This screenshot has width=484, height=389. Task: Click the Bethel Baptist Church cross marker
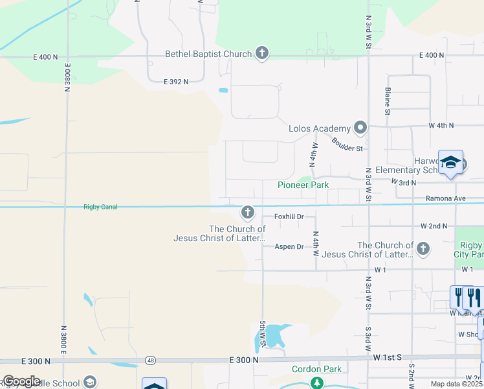[262, 53]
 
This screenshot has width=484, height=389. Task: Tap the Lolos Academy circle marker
[360, 128]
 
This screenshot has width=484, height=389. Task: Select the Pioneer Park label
[303, 185]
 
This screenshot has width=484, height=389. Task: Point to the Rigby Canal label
[98, 207]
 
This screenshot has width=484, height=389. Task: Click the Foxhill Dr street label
[289, 216]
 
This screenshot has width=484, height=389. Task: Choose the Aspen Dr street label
[289, 246]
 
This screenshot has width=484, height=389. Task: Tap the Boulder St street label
[347, 144]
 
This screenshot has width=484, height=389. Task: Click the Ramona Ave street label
[446, 198]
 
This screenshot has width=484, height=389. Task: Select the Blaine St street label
[388, 101]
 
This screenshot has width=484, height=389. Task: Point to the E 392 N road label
[176, 82]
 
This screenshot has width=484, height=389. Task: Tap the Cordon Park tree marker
[316, 383]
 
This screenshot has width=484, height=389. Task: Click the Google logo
[21, 381]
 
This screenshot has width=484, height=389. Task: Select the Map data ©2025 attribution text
[456, 384]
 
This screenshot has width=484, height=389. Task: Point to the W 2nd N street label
[434, 226]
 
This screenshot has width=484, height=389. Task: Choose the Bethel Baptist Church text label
[208, 54]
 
